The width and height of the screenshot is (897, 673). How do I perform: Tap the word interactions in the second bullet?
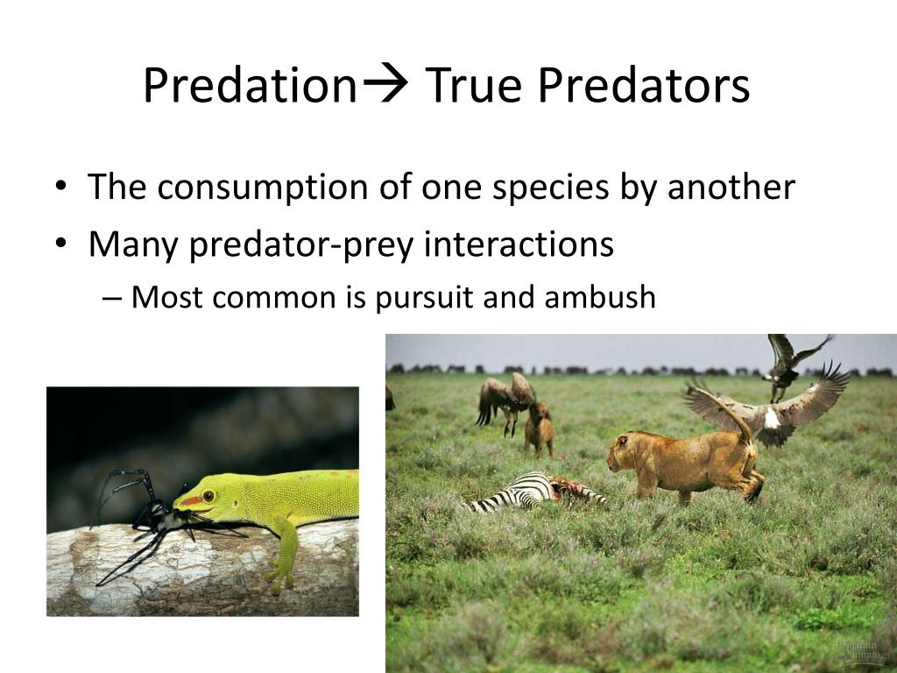(519, 244)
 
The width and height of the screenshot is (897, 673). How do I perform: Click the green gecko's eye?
(208, 496)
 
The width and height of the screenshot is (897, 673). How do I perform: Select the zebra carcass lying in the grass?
(526, 491)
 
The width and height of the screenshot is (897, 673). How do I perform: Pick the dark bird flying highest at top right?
(788, 359)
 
